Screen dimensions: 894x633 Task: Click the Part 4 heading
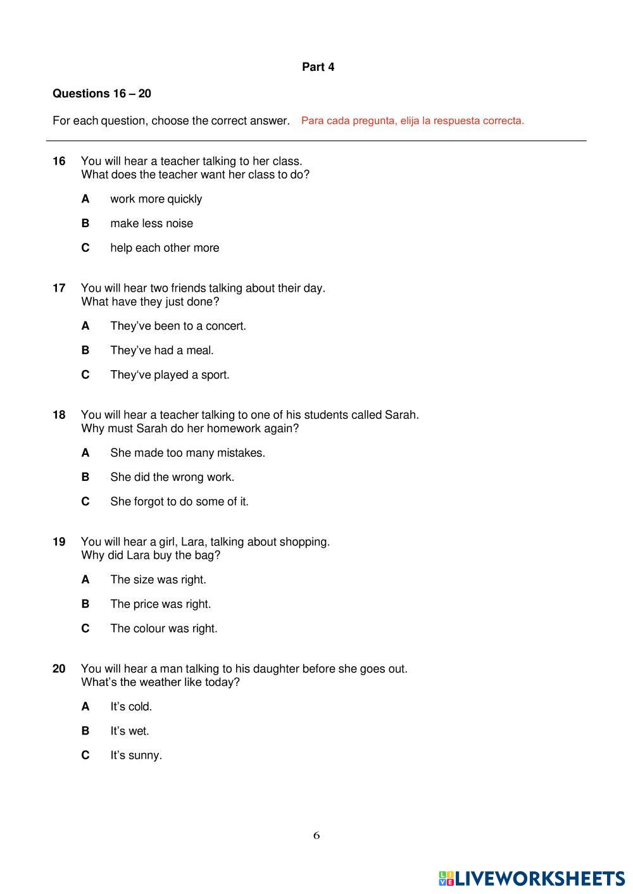point(318,67)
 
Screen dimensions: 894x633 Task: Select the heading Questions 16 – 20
point(101,94)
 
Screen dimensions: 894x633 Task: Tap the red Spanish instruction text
point(412,121)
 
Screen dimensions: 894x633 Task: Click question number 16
point(59,161)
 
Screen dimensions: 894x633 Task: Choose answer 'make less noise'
point(151,223)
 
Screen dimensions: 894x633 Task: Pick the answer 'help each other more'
point(165,248)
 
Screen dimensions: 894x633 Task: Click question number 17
point(59,289)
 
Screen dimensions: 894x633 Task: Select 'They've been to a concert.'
point(178,326)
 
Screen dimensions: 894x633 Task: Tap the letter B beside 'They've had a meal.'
point(85,351)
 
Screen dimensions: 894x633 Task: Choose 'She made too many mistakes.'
point(187,453)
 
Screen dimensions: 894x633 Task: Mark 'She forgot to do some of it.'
point(179,502)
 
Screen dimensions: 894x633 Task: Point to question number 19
point(59,542)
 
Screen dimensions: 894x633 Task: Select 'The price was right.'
point(160,604)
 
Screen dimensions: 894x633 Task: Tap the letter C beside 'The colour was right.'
point(85,629)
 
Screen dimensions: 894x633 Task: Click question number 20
point(59,669)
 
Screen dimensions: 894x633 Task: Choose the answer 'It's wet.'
point(130,731)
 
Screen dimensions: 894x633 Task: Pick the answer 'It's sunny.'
point(136,755)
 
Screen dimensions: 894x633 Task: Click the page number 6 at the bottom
point(316,836)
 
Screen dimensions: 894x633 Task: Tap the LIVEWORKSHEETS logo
point(532,878)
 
